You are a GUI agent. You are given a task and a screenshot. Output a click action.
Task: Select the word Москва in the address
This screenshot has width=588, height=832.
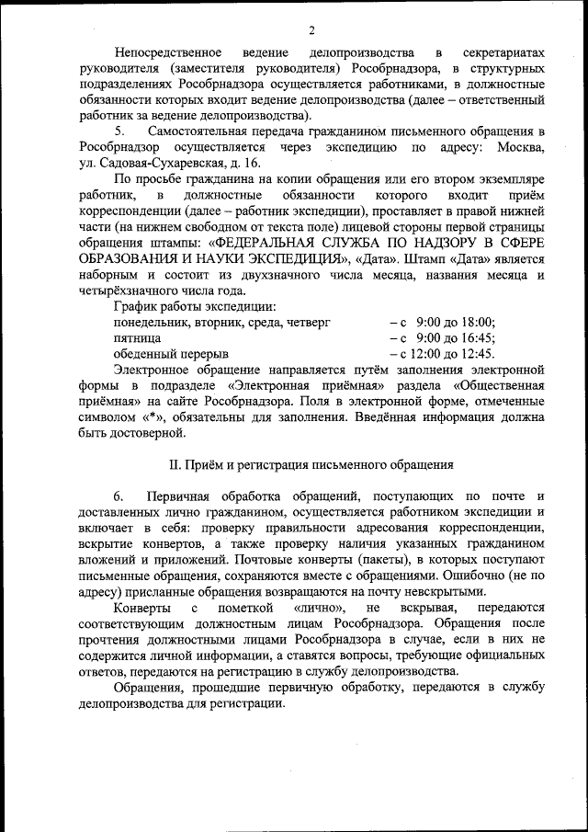pyautogui.click(x=521, y=147)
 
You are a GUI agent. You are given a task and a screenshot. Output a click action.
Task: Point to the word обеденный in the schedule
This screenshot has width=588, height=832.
pyautogui.click(x=143, y=353)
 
